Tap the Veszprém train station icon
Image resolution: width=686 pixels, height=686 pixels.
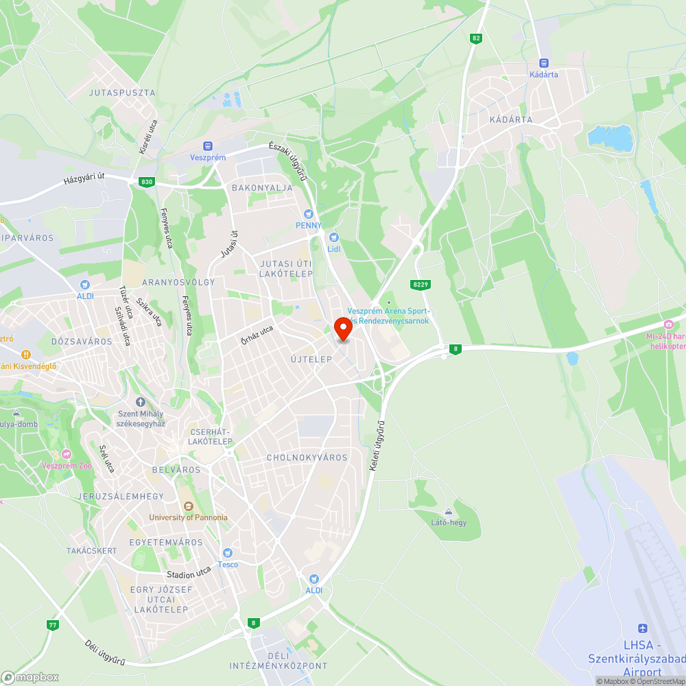208,146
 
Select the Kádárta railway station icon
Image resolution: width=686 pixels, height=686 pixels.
544,62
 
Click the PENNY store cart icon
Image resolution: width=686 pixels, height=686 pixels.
309,214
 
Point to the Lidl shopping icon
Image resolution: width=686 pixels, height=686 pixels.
334,237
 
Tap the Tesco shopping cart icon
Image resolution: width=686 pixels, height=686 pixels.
228,553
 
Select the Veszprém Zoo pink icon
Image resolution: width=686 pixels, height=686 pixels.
67,454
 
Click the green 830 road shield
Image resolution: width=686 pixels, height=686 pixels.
146,182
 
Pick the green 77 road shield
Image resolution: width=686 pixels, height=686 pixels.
53,625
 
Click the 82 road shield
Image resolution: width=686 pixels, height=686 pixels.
475,38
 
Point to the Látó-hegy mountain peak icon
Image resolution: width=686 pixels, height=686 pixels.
449,512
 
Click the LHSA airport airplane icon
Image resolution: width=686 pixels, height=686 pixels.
643,628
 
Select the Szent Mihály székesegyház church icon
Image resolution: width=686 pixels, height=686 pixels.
141,402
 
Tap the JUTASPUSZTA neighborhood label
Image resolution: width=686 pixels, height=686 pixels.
122,93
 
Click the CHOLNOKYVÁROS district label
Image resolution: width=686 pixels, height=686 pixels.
307,458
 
